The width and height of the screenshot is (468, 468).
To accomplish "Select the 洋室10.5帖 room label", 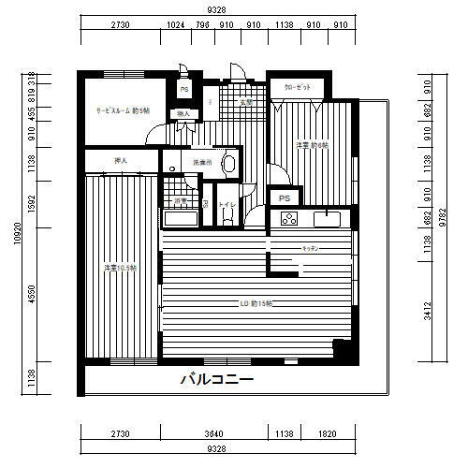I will click(121, 269).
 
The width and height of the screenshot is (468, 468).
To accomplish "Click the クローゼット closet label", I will click(298, 87).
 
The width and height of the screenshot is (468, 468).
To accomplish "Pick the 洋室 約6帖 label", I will click(310, 144).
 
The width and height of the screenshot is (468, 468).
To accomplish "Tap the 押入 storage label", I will click(120, 161).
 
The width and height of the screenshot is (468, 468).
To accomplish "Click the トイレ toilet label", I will click(226, 202).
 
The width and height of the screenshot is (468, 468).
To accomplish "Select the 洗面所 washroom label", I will click(202, 162).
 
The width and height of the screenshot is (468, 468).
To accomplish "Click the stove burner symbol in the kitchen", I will click(287, 220).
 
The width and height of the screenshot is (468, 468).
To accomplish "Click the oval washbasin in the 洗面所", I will click(229, 163).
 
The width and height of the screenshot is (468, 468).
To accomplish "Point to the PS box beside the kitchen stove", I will click(283, 198).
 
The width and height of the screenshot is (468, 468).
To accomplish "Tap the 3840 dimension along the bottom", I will click(216, 435).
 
